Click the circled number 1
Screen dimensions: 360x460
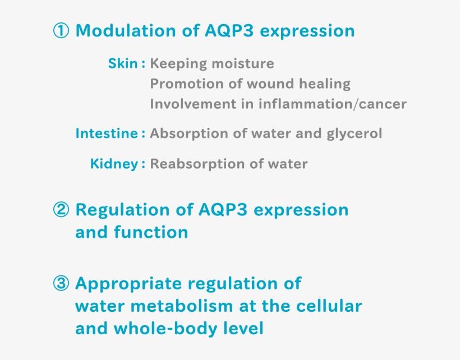coord(61,31)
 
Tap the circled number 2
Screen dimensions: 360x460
coord(61,210)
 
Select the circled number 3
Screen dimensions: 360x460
coord(61,284)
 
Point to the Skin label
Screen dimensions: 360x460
coord(122,63)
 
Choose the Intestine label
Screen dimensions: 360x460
coord(107,133)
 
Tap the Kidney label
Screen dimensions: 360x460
coord(114,164)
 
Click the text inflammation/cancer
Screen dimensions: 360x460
coord(333,104)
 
